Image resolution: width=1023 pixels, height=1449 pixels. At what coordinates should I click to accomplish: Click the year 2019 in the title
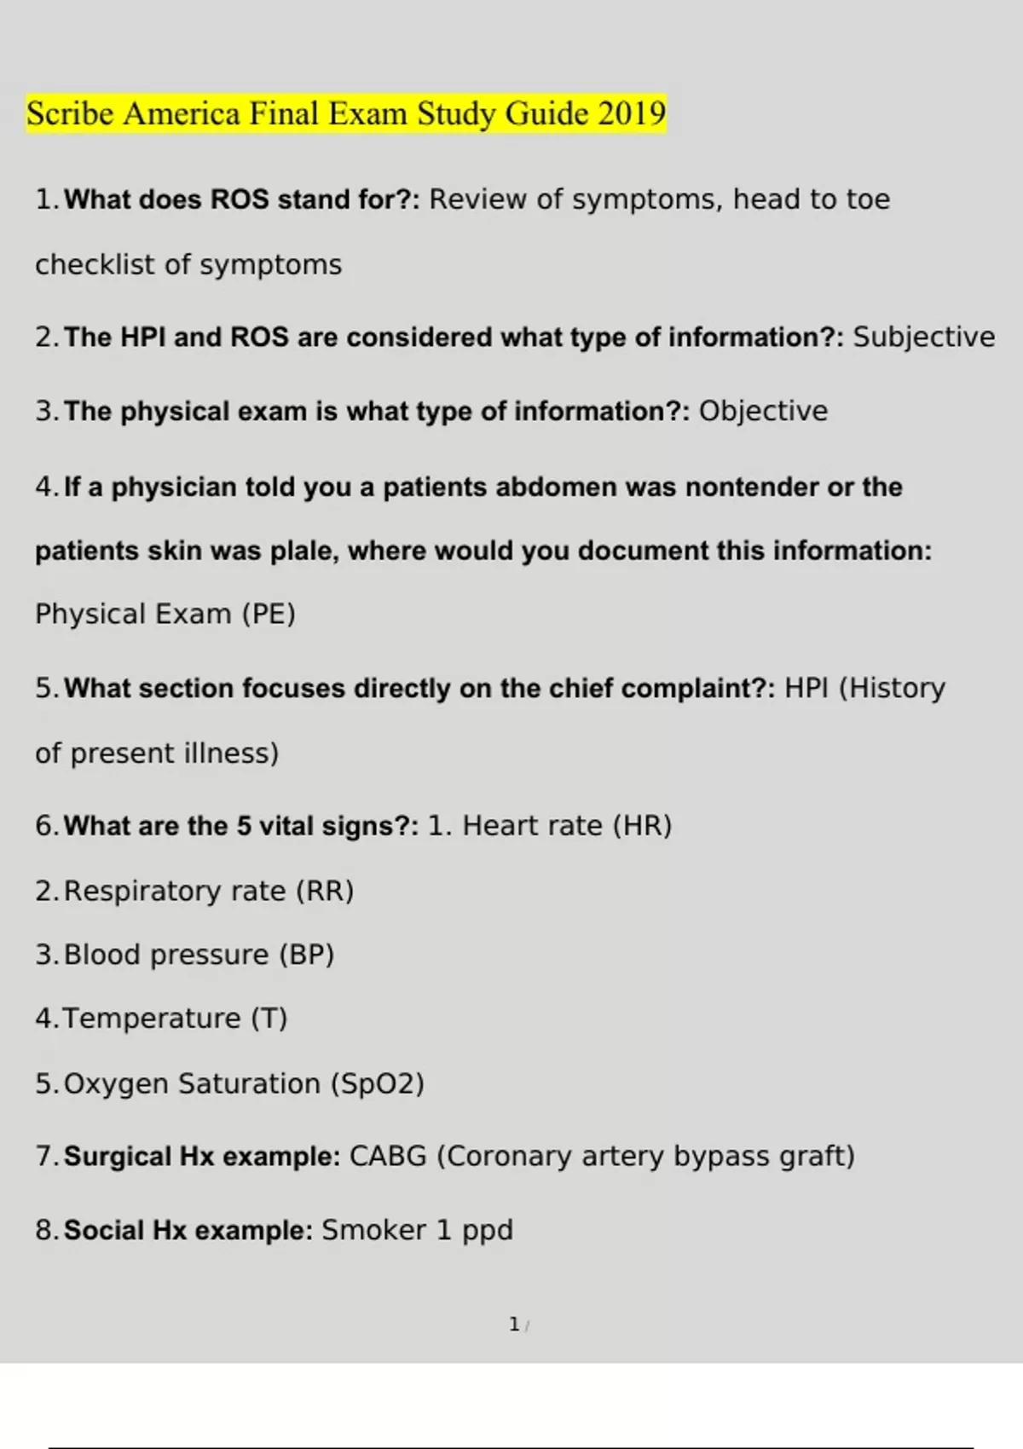click(x=631, y=113)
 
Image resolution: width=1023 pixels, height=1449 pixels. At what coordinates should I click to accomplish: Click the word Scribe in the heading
click(x=69, y=113)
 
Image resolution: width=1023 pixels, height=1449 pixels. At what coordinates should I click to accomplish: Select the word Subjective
click(x=923, y=338)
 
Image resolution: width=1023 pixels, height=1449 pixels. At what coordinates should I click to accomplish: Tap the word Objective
click(x=763, y=412)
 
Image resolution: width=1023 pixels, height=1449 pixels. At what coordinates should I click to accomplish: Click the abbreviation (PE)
click(x=268, y=615)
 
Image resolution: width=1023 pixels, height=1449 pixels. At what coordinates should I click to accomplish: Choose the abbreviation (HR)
click(x=642, y=826)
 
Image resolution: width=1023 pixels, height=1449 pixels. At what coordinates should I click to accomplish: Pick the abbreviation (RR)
click(x=325, y=892)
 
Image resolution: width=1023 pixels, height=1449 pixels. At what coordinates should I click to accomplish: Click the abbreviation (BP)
click(x=306, y=955)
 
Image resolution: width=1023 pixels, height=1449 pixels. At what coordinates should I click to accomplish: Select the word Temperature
click(x=152, y=1019)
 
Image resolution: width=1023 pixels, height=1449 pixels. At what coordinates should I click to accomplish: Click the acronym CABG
click(x=388, y=1157)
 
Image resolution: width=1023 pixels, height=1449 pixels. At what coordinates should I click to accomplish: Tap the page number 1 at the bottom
click(x=514, y=1325)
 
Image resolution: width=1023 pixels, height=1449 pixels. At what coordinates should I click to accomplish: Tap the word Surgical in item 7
click(x=118, y=1157)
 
